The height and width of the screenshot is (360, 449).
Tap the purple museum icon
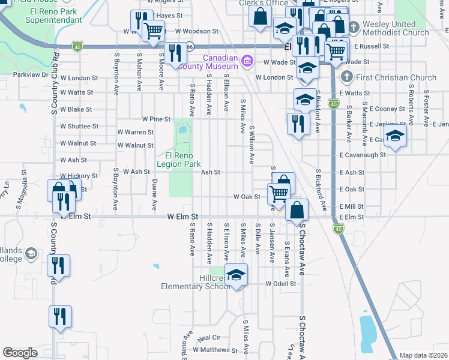pos(246,61)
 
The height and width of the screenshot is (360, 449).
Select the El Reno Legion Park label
pos(178,158)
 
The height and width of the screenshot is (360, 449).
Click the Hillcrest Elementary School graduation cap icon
pos(237,274)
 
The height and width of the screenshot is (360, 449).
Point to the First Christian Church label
pos(389,77)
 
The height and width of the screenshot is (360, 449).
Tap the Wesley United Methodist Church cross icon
pos(354,27)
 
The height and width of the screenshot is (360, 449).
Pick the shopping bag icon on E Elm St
pos(297,210)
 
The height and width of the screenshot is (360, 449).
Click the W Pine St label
pos(156,119)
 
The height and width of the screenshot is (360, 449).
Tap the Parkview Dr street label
pos(28,74)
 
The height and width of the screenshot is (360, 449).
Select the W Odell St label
pos(282,284)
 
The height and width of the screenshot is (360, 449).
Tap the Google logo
pos(20,353)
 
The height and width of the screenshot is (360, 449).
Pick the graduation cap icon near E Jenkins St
pos(395,136)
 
